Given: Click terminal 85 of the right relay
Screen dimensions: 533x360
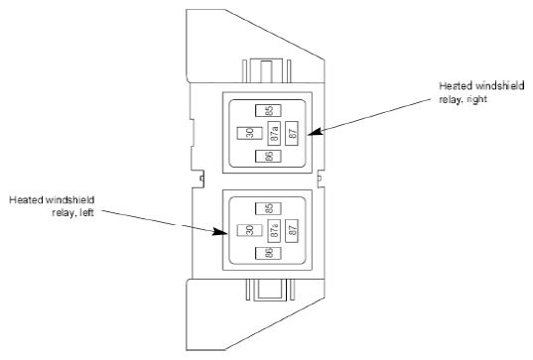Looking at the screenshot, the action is tap(268, 111).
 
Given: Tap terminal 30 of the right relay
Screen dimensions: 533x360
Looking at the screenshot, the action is tap(249, 133).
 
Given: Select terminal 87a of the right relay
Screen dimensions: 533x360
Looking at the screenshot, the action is tap(274, 133).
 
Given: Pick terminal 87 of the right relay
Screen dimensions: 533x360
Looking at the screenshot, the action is tap(292, 133).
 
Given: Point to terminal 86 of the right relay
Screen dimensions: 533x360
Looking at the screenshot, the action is tap(268, 156).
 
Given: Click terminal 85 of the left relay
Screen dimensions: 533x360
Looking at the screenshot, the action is tap(268, 208).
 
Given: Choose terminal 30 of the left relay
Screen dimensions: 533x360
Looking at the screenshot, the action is tap(249, 230).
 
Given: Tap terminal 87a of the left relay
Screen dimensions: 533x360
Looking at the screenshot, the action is tap(274, 231).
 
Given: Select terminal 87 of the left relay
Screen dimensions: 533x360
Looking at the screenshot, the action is tap(292, 231).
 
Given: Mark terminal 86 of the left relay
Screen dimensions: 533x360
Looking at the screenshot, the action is tap(268, 253).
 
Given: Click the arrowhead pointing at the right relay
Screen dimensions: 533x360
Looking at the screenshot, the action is tap(315, 132).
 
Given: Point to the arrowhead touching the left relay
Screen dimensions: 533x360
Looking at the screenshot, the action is tap(219, 232).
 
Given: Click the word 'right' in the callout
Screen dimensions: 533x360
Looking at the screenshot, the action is tap(477, 99).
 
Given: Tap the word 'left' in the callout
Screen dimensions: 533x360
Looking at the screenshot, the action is tap(86, 213).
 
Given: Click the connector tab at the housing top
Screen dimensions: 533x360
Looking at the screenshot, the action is tap(266, 71).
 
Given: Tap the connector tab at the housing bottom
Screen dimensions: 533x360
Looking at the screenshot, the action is tap(270, 290).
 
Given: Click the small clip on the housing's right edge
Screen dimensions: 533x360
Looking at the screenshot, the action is tap(320, 178).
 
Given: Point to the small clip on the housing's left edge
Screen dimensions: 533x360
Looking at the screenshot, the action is tap(201, 178).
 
